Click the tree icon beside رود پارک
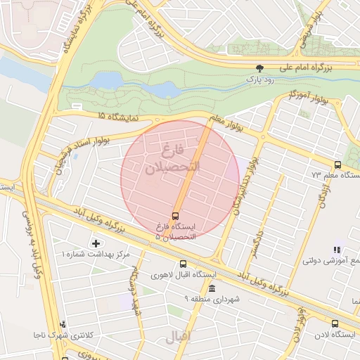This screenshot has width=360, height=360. pyautogui.click(x=260, y=68)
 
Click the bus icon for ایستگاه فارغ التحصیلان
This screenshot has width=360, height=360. pyautogui.click(x=175, y=215)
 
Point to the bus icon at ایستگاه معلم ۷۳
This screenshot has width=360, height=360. pyautogui.click(x=337, y=165)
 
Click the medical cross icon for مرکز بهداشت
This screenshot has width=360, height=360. pyautogui.click(x=96, y=243)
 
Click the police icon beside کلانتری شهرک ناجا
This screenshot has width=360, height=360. pyautogui.click(x=63, y=324)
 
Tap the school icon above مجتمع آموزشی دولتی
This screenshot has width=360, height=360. pyautogui.click(x=337, y=249)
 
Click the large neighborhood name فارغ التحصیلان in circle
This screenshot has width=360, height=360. pyautogui.click(x=173, y=160)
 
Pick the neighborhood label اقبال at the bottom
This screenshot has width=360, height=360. pyautogui.click(x=177, y=338)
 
